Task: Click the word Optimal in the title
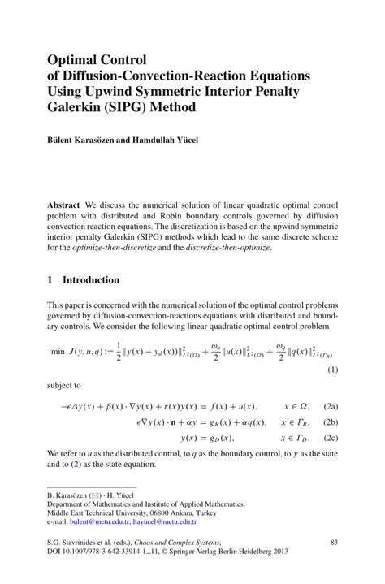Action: pyautogui.click(x=76, y=59)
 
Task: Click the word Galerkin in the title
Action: pyautogui.click(x=78, y=107)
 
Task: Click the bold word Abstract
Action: pyautogui.click(x=63, y=206)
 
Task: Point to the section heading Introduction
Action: pyautogui.click(x=91, y=280)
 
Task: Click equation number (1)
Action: pyautogui.click(x=332, y=370)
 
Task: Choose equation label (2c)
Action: pyautogui.click(x=331, y=439)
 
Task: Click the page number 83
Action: pyautogui.click(x=334, y=542)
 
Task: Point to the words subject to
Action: pyautogui.click(x=64, y=386)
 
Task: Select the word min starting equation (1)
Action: pyautogui.click(x=57, y=352)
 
